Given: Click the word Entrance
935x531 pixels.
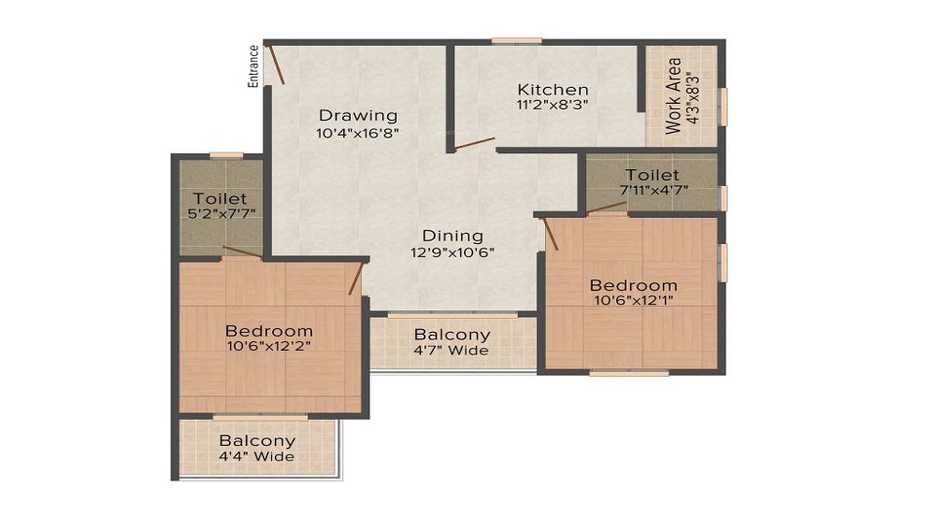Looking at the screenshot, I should (x=253, y=66).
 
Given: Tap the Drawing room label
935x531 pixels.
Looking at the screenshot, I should (x=358, y=116).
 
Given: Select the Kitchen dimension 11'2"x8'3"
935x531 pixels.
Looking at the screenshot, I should (x=553, y=106).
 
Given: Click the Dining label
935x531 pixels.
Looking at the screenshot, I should (x=453, y=236).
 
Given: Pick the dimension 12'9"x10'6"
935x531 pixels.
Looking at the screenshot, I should (x=453, y=251).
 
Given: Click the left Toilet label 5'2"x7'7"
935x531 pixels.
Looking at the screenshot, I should (x=221, y=198).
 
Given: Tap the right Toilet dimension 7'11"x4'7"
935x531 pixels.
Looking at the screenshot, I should (x=653, y=190).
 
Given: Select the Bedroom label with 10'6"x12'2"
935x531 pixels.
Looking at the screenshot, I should (x=269, y=331).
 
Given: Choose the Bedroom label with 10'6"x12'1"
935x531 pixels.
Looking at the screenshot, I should (x=633, y=285).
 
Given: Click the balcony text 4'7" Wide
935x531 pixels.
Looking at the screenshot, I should (x=453, y=351).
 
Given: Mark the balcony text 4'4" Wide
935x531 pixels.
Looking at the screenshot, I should (x=257, y=456).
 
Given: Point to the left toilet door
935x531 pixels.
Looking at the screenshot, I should (x=243, y=251).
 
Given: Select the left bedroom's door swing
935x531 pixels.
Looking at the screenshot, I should (x=355, y=278).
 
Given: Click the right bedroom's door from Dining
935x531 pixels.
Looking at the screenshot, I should (x=551, y=234).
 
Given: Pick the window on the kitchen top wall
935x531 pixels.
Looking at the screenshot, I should (x=516, y=40).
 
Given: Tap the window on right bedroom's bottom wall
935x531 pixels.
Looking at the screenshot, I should (x=628, y=373).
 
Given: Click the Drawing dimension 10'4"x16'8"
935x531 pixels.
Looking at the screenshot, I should (x=358, y=134).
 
